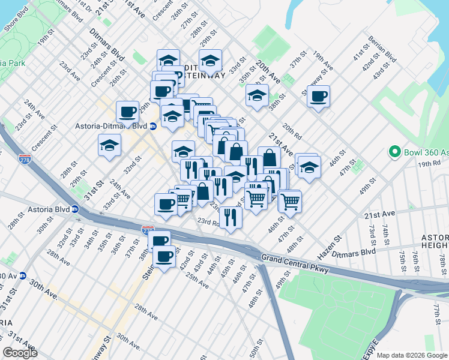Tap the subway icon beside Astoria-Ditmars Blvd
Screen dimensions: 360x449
point(153,126)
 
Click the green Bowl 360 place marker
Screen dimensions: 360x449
point(394,151)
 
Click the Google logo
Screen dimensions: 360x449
point(20,353)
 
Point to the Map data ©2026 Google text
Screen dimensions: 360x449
point(412,355)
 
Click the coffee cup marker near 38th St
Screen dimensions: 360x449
point(318,96)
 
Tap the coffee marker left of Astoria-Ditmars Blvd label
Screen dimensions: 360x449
point(127,111)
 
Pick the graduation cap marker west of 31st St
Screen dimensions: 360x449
point(109,146)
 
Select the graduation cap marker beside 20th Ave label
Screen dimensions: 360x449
point(257,95)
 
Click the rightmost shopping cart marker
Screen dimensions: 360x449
point(290,201)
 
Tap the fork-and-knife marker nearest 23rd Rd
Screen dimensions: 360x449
point(230,217)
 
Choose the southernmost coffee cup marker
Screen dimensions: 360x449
point(164,257)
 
